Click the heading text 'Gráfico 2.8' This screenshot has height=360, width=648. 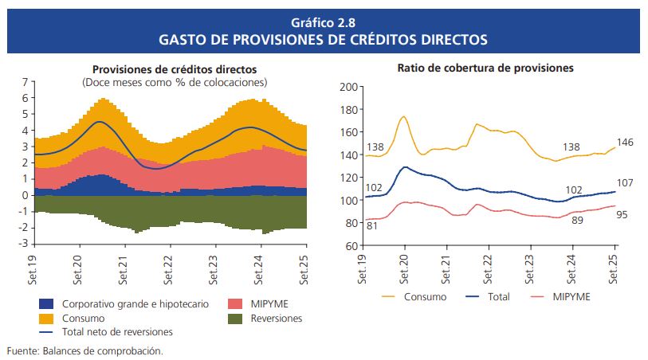tap(323, 22)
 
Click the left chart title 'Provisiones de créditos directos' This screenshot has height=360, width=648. tap(175, 70)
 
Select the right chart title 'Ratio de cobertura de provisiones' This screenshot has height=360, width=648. tap(485, 68)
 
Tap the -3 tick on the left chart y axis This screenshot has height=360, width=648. tap(24, 243)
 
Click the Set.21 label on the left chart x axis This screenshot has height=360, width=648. tap(124, 267)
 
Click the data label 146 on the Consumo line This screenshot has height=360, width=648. tap(626, 142)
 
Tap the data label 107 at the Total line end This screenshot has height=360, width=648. tap(626, 183)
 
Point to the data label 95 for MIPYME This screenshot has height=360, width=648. tap(623, 214)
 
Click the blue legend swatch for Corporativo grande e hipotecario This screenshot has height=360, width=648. tap(46, 303)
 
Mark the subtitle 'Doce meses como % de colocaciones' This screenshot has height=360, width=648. tap(175, 82)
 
